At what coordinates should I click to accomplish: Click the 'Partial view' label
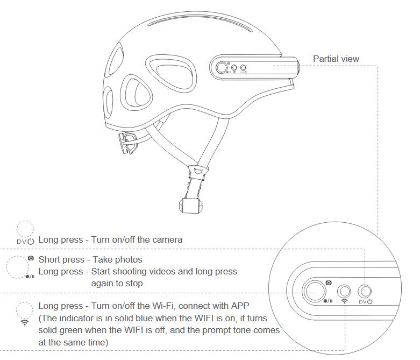336,59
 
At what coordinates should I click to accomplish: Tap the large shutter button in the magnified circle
314,291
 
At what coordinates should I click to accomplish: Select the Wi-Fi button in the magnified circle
344,291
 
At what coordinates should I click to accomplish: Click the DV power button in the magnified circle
365,291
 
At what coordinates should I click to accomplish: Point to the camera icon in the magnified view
329,283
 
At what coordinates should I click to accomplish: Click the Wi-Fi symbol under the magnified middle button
344,301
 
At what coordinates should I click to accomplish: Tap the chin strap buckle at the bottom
190,206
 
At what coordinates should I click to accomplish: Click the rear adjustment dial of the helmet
127,143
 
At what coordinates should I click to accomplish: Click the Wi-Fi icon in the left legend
25,322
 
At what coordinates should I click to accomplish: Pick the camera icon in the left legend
31,258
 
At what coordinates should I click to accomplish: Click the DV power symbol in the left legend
26,241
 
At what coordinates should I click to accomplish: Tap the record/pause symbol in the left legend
30,277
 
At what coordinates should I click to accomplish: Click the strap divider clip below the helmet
198,172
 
